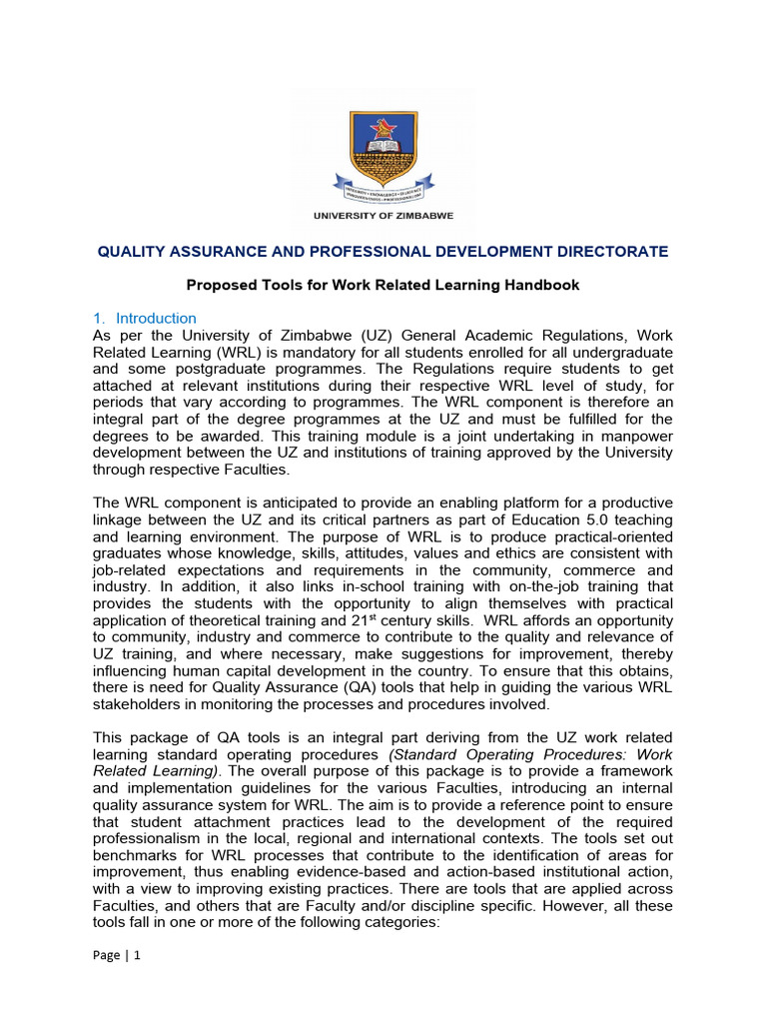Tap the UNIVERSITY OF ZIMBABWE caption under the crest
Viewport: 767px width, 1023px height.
(383, 215)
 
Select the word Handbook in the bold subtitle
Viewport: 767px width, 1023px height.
(545, 285)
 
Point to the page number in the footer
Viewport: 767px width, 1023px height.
(118, 982)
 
